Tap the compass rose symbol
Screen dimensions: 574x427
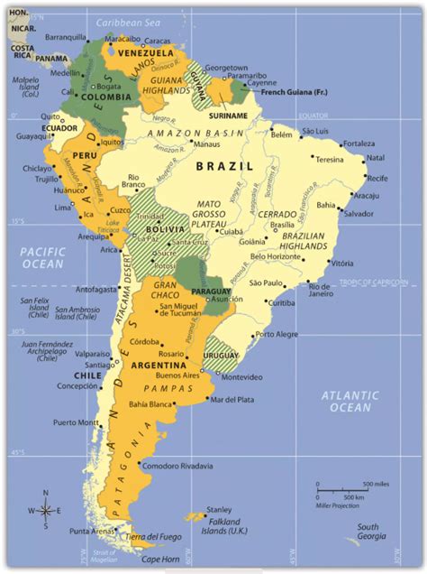[46, 510]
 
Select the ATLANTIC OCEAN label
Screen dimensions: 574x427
[351, 401]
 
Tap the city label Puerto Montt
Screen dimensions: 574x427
[76, 422]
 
